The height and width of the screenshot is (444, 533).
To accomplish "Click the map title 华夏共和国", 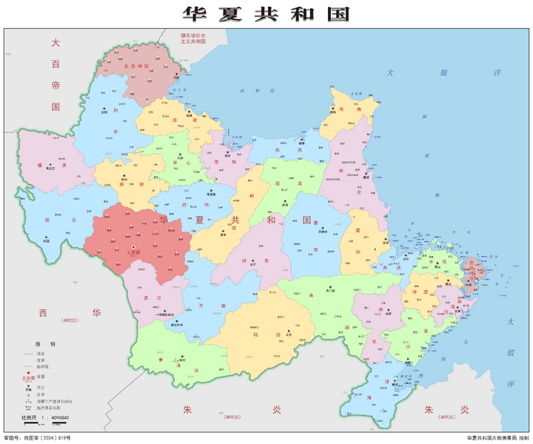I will (x=266, y=14).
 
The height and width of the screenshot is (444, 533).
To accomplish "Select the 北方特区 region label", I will (x=137, y=66).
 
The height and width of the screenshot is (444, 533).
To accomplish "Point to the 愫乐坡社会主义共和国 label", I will (x=193, y=38).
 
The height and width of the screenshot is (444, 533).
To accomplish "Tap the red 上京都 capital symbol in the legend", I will (x=29, y=377).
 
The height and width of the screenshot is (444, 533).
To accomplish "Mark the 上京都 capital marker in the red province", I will (x=133, y=248).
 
